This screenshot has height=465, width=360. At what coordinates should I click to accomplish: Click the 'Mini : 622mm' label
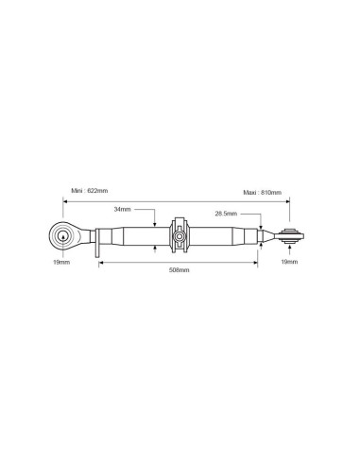point(90,191)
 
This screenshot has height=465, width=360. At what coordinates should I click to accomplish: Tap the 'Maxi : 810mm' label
point(263,192)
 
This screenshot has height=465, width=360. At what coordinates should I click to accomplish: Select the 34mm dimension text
point(122,209)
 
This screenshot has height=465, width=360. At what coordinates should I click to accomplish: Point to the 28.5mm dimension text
point(226,214)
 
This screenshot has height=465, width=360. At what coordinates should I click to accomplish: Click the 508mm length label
point(180,270)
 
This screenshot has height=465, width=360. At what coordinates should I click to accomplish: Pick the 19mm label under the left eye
point(61,262)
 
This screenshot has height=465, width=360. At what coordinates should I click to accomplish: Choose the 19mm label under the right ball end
point(289,262)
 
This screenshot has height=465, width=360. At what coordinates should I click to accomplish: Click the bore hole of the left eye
point(63,236)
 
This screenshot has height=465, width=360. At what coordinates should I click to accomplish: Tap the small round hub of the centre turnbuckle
point(180,236)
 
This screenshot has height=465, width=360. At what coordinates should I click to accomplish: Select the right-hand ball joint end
point(292,235)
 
